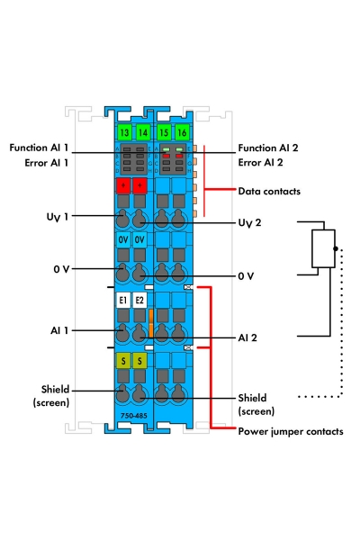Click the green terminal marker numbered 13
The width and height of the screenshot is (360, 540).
123,132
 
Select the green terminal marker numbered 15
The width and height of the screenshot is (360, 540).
163,132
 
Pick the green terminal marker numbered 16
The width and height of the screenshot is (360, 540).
180,132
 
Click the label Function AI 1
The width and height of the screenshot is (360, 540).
39,147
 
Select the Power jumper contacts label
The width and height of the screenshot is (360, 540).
290,431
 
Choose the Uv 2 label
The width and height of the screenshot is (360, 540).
249,222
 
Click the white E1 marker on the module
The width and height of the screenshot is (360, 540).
123,301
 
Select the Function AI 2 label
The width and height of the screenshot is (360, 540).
274,147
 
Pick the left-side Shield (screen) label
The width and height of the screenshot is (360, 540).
54,396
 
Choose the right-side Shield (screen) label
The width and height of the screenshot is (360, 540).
257,403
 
